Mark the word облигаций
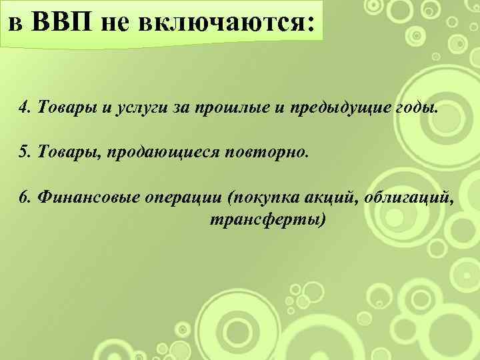click(410, 197)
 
